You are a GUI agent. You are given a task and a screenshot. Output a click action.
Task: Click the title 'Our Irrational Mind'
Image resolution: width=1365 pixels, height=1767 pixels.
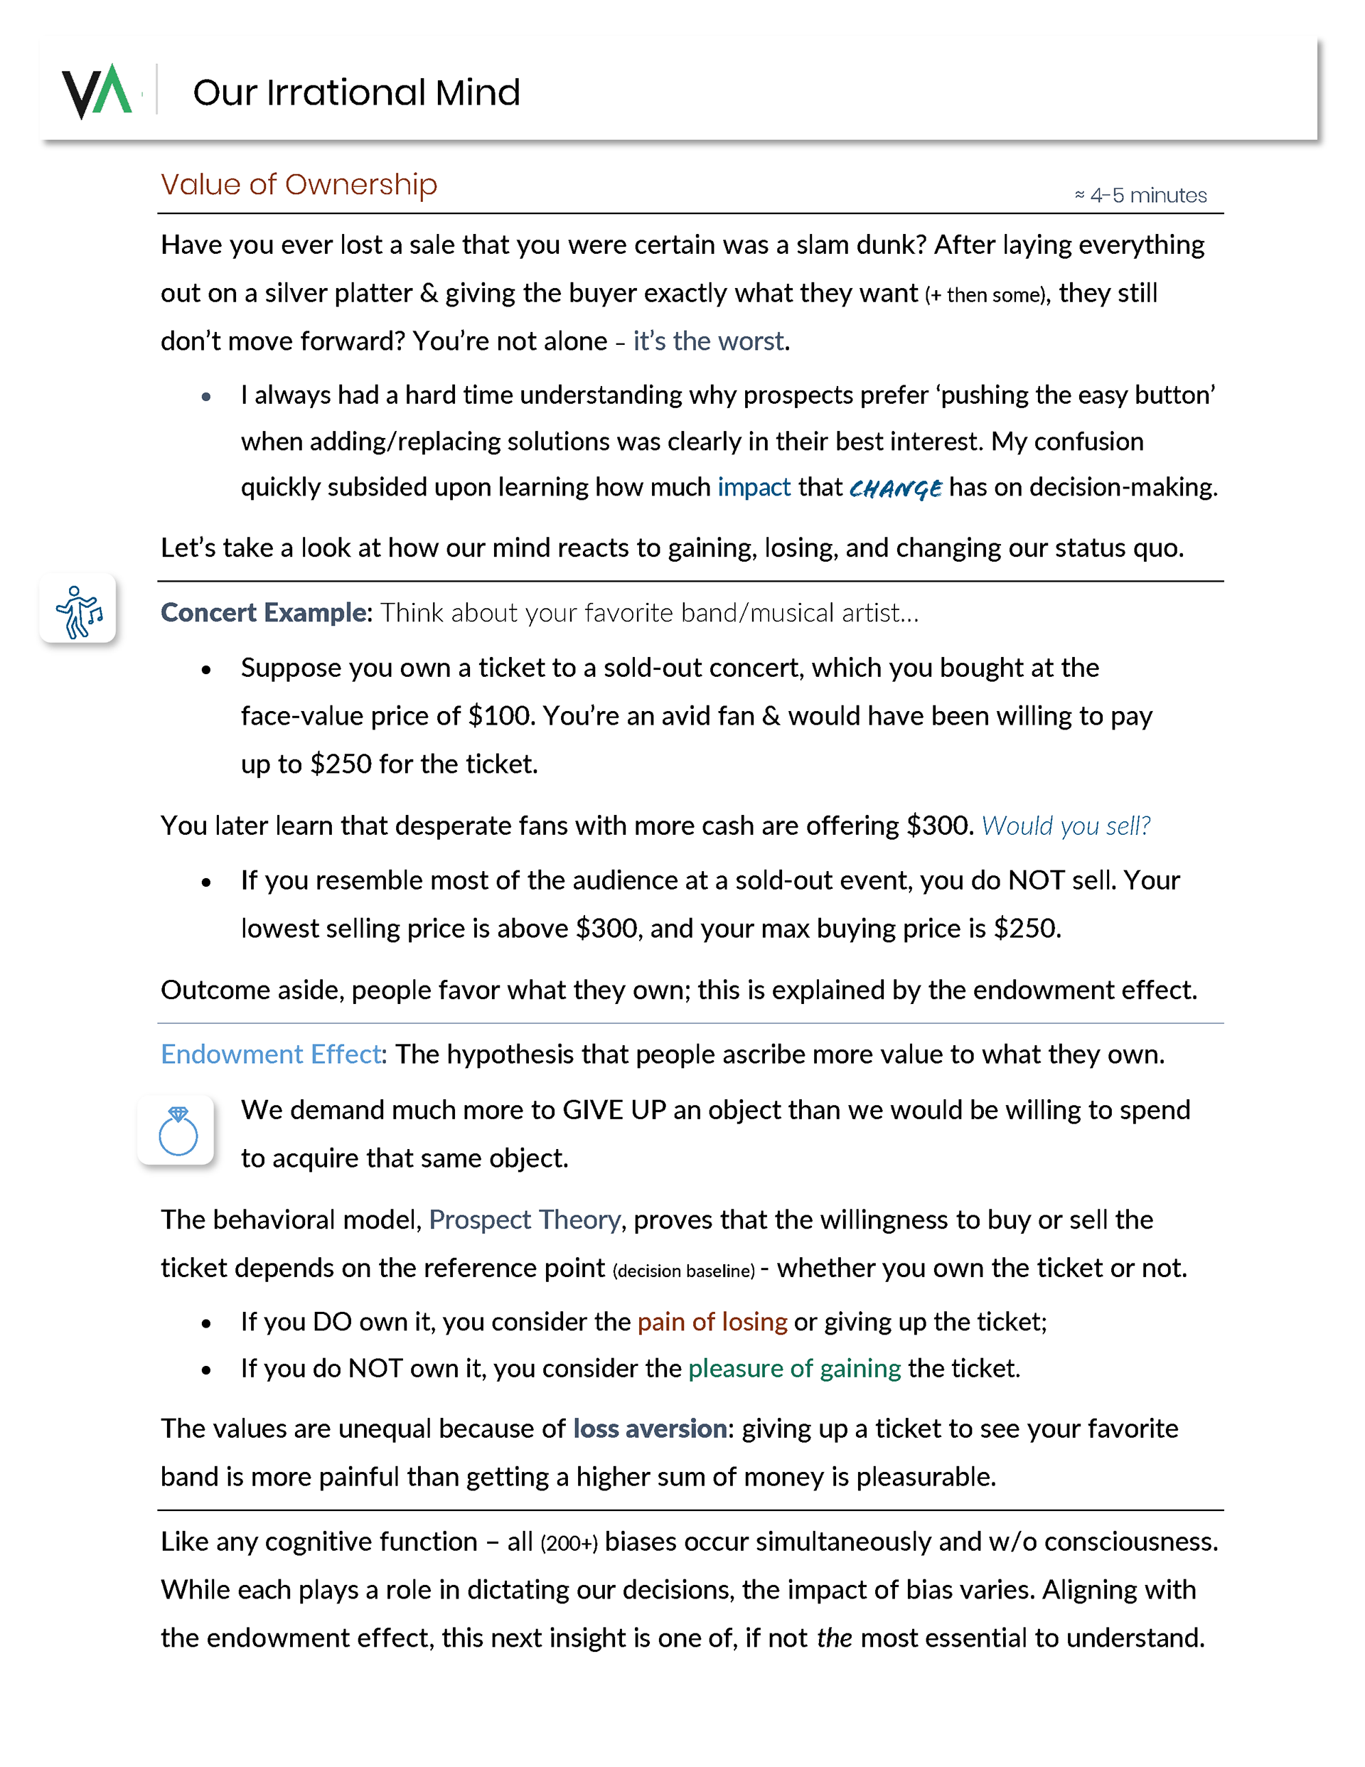click(x=356, y=92)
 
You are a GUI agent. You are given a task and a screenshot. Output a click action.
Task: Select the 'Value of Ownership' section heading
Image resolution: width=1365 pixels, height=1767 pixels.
click(x=299, y=184)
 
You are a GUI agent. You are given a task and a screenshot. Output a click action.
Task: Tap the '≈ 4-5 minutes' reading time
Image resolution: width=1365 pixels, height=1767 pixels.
click(x=1140, y=196)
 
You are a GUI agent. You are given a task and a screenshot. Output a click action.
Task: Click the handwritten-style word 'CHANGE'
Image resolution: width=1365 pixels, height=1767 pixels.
click(x=895, y=489)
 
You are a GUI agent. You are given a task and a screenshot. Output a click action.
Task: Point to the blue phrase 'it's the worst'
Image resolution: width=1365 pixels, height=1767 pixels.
click(x=708, y=341)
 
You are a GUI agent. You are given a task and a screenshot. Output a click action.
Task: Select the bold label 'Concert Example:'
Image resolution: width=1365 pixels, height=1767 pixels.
click(x=266, y=612)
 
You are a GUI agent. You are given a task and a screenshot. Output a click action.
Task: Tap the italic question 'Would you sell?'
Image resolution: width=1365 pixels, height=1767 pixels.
click(x=1066, y=826)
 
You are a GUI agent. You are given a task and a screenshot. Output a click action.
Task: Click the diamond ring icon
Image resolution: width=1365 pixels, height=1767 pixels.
click(x=177, y=1131)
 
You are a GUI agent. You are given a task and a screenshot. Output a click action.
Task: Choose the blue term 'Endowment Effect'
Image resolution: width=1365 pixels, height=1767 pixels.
click(x=271, y=1055)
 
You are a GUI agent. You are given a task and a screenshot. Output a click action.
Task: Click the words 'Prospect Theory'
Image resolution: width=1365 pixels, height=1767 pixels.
click(x=524, y=1219)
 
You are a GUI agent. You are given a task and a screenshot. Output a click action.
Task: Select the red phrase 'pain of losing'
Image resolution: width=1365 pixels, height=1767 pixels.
click(x=712, y=1321)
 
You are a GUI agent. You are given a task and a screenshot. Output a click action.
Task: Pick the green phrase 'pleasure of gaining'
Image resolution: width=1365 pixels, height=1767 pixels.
click(x=795, y=1368)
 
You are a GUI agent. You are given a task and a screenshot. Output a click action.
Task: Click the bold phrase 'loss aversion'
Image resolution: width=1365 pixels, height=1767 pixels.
click(x=650, y=1429)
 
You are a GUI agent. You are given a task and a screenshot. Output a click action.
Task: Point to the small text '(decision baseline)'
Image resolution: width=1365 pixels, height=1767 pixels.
click(x=684, y=1270)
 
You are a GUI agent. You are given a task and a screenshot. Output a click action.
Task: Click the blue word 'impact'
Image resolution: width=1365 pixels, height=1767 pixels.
click(x=754, y=487)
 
